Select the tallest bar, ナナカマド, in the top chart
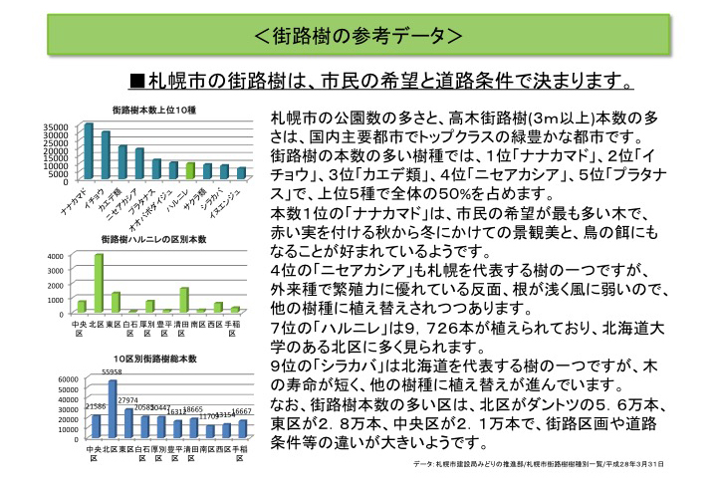pos(89,151)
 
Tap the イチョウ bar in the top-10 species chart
pos(106,155)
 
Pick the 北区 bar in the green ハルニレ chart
pos(99,283)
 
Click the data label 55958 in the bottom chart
pos(112,372)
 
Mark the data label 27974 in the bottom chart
pos(127,400)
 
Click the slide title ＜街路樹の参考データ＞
pos(358,37)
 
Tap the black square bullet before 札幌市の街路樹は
pos(138,80)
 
